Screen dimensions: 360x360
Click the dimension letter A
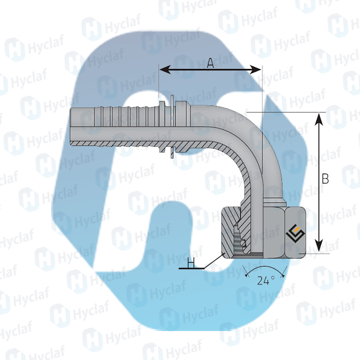[x=210, y=63]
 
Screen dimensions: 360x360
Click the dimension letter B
[x=325, y=178]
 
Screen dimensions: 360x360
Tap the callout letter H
[x=191, y=262]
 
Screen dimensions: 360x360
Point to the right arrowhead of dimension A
[x=255, y=69]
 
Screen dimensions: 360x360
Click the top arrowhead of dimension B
[x=319, y=118]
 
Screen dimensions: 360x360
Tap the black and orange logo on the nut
[x=295, y=234]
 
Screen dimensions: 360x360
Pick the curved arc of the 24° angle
[x=265, y=267]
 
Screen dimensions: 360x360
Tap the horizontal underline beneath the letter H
[x=191, y=268]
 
